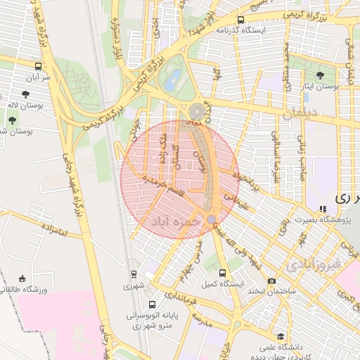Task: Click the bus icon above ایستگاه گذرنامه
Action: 241,20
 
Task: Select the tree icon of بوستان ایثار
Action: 321,75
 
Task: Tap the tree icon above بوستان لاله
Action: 26,94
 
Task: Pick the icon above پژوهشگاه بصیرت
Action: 323,209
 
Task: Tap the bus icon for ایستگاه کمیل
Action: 223,273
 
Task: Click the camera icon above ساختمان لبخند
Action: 271,281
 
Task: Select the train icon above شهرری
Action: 134,274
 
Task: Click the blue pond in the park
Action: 172,81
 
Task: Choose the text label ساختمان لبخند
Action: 271,291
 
